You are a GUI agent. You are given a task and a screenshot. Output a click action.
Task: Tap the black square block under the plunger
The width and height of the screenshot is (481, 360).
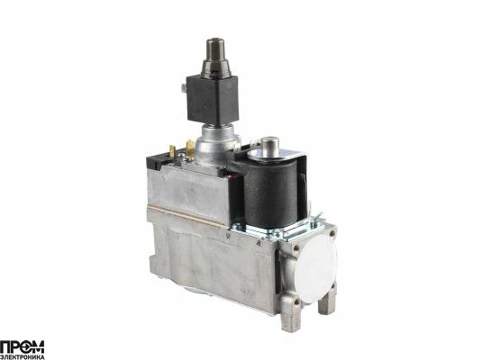213,99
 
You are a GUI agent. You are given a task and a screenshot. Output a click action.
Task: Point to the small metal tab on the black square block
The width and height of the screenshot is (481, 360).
184,88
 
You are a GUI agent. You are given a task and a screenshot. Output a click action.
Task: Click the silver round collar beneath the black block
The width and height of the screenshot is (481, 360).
216,143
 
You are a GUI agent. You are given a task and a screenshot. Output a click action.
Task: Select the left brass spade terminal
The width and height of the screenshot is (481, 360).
172,151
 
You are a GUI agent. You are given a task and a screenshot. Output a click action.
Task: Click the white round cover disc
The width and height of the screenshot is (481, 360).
316,269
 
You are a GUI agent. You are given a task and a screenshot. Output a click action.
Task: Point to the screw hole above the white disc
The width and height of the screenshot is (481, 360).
331,234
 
